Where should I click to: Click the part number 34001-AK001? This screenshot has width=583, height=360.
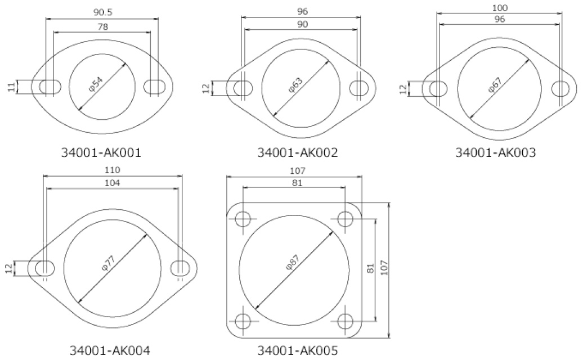(101, 152)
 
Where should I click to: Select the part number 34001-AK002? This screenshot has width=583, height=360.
(298, 152)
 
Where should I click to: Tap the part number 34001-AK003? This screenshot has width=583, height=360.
(496, 152)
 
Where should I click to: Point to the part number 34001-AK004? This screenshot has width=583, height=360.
(110, 350)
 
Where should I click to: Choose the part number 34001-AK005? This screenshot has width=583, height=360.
(298, 350)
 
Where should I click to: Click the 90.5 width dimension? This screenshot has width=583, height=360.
(102, 12)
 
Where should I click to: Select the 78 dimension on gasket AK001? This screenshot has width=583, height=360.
(102, 26)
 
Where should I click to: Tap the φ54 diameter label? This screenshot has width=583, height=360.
(96, 83)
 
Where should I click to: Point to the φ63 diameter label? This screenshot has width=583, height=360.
(296, 85)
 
